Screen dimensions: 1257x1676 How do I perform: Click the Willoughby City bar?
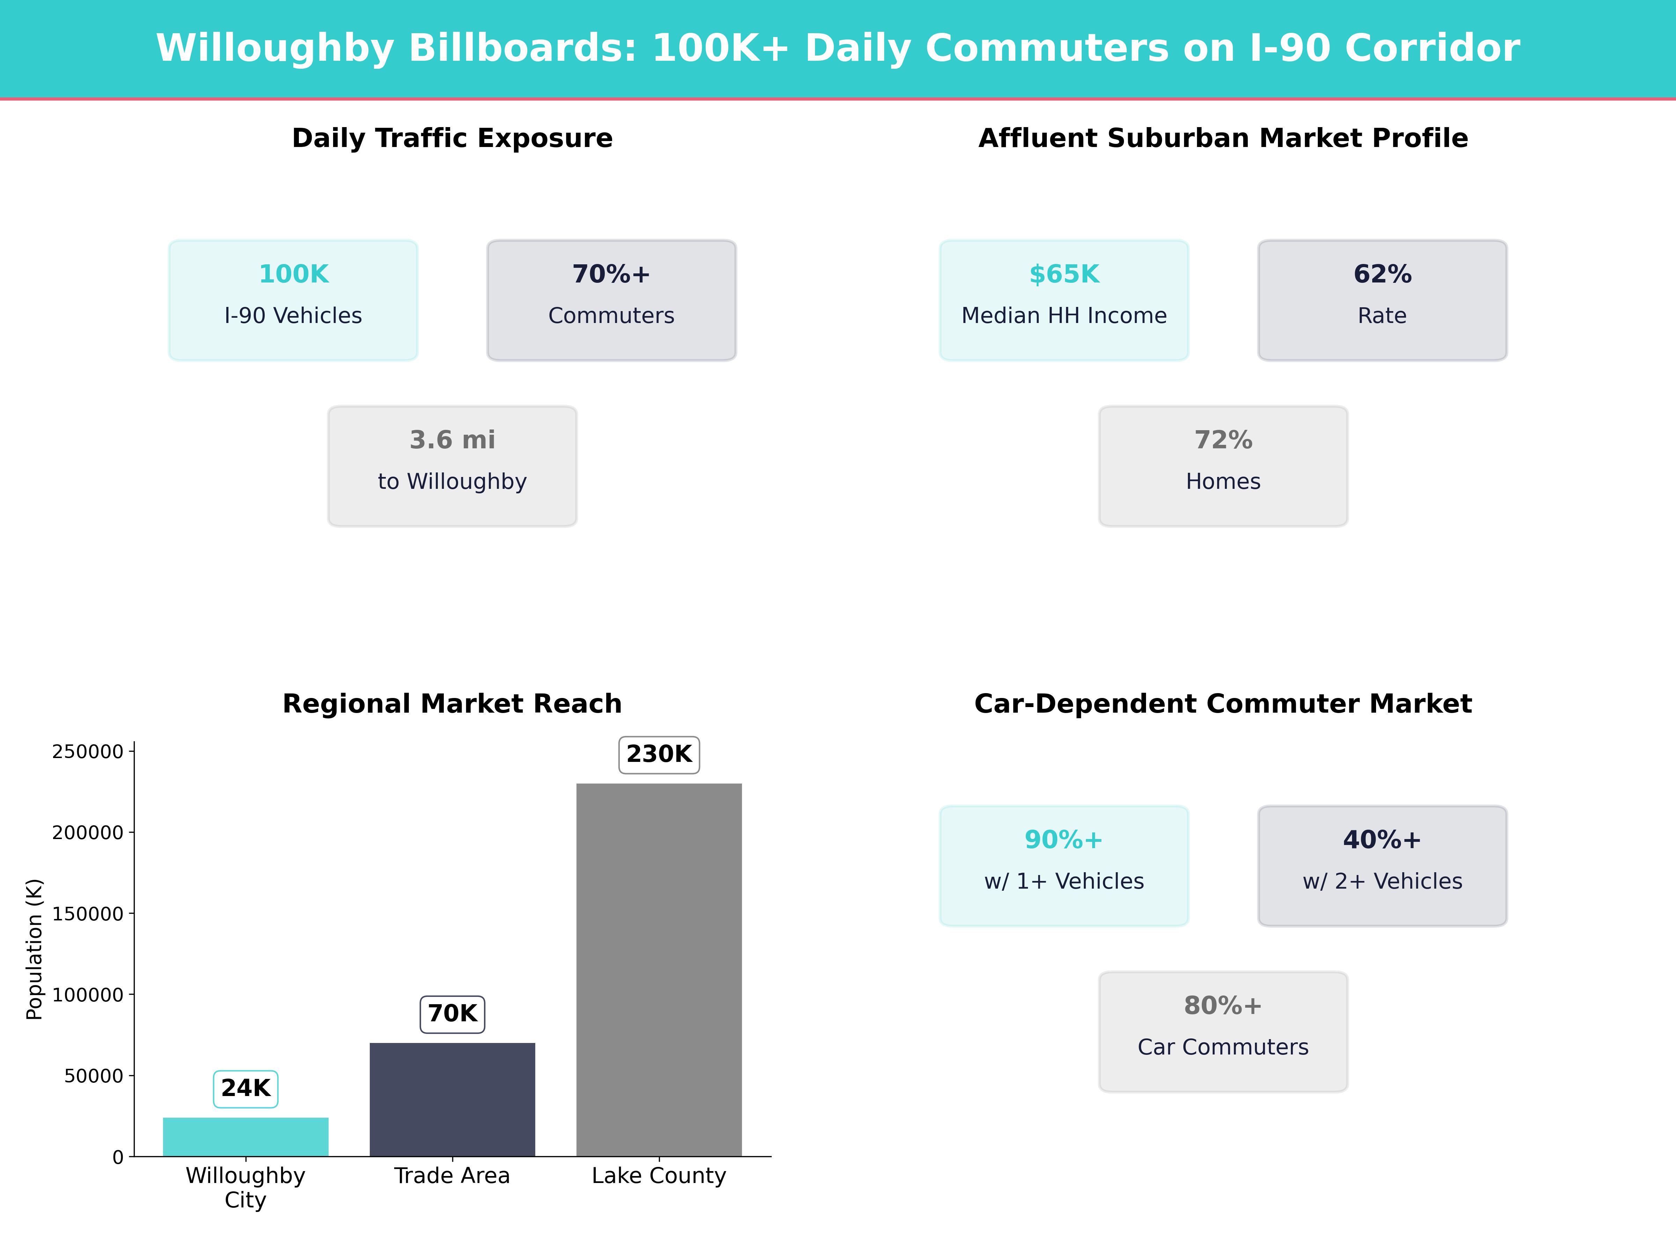pos(245,1137)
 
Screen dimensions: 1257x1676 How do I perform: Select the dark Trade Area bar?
pos(452,1098)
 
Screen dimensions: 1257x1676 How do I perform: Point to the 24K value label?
pos(245,1089)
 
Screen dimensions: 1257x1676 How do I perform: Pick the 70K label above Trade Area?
pos(452,1014)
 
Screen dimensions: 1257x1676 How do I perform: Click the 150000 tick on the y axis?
pos(87,914)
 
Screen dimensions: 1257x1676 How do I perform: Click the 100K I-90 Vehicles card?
pos(293,300)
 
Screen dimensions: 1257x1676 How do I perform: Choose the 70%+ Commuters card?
pos(611,300)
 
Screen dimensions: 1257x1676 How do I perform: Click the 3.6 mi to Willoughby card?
pos(452,466)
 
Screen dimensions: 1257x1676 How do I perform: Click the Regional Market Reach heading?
pos(452,704)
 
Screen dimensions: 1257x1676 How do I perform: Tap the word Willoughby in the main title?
pos(275,49)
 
